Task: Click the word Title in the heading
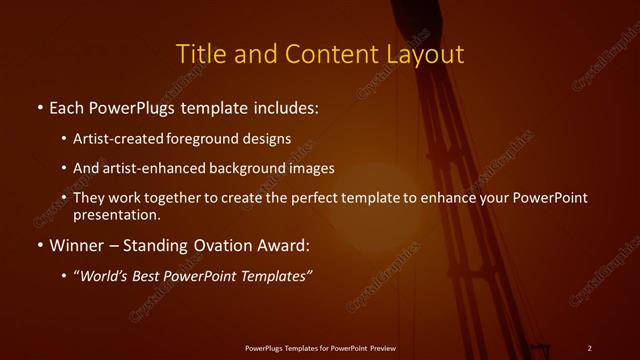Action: pyautogui.click(x=199, y=54)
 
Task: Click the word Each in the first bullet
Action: pyautogui.click(x=67, y=106)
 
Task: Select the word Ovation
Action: pyautogui.click(x=220, y=244)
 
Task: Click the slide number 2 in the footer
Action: pyautogui.click(x=590, y=347)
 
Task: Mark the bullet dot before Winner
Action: pyautogui.click(x=38, y=245)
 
